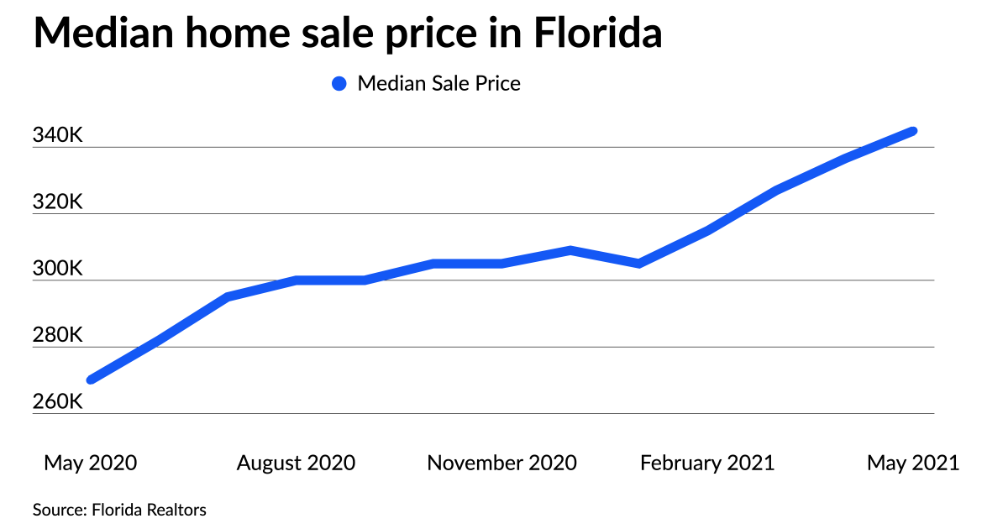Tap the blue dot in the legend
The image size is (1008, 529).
[339, 84]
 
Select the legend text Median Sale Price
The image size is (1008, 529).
[438, 84]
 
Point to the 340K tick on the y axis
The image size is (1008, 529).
[58, 135]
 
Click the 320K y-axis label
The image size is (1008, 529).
[58, 202]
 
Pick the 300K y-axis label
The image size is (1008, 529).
[58, 269]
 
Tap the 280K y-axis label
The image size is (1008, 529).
[58, 335]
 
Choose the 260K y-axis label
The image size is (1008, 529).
[58, 402]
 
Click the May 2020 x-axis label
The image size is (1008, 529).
[90, 463]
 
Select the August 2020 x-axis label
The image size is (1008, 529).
[296, 463]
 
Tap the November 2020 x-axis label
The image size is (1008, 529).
[501, 463]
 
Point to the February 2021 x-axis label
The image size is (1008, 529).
[707, 463]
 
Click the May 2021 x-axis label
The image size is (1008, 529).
[913, 463]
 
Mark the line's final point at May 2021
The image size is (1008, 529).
[913, 131]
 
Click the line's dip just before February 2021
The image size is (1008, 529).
[639, 264]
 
